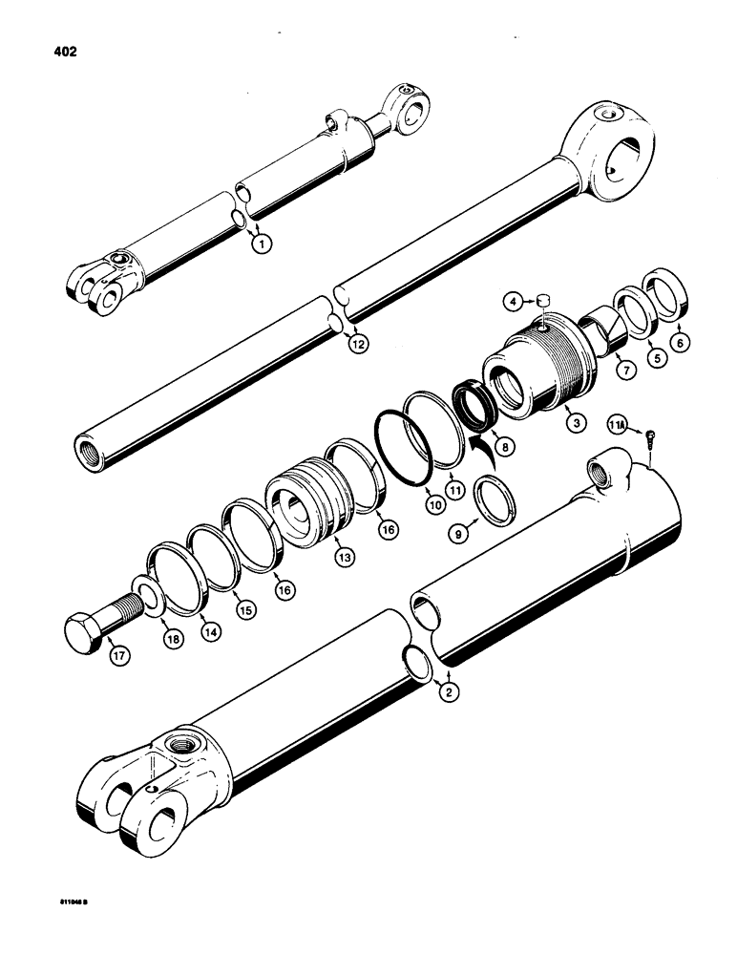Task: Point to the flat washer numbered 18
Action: pos(149,600)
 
